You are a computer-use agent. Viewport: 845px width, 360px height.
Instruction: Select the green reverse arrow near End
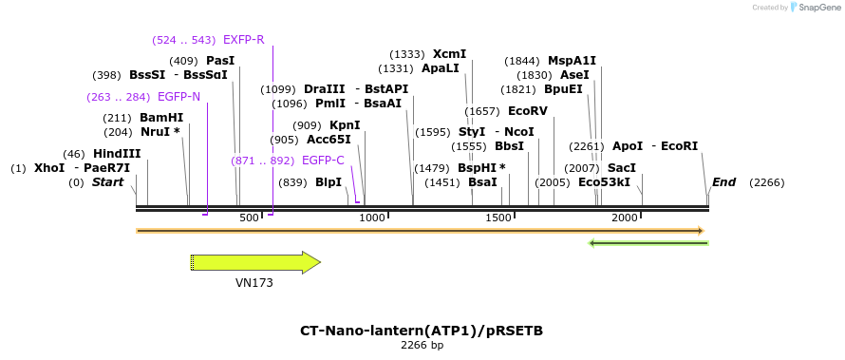[648, 243]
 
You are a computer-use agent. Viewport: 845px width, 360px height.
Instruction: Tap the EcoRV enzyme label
[528, 111]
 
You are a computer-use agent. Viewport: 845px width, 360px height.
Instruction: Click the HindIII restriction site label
[117, 154]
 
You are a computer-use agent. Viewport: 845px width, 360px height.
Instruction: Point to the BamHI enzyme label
[161, 118]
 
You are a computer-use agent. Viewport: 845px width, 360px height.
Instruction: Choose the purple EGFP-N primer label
[178, 97]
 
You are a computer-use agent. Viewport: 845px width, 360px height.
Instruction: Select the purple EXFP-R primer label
[243, 40]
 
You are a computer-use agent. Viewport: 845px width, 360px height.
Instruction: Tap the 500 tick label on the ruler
[249, 218]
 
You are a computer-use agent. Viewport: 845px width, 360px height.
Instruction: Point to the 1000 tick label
[372, 218]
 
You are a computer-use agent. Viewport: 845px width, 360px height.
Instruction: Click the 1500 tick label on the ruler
[498, 218]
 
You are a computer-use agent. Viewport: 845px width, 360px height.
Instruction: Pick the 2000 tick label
[625, 218]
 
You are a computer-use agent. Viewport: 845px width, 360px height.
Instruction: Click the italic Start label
[107, 182]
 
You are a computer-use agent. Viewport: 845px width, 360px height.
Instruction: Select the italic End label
[723, 182]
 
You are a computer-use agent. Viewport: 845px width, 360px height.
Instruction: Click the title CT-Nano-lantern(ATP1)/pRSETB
[422, 331]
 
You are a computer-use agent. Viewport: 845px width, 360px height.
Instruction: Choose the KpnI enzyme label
[345, 125]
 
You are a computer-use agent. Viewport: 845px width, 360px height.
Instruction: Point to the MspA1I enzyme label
[572, 61]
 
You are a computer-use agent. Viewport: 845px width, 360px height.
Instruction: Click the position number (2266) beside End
[767, 182]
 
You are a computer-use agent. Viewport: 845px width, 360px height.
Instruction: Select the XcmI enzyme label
[449, 54]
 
